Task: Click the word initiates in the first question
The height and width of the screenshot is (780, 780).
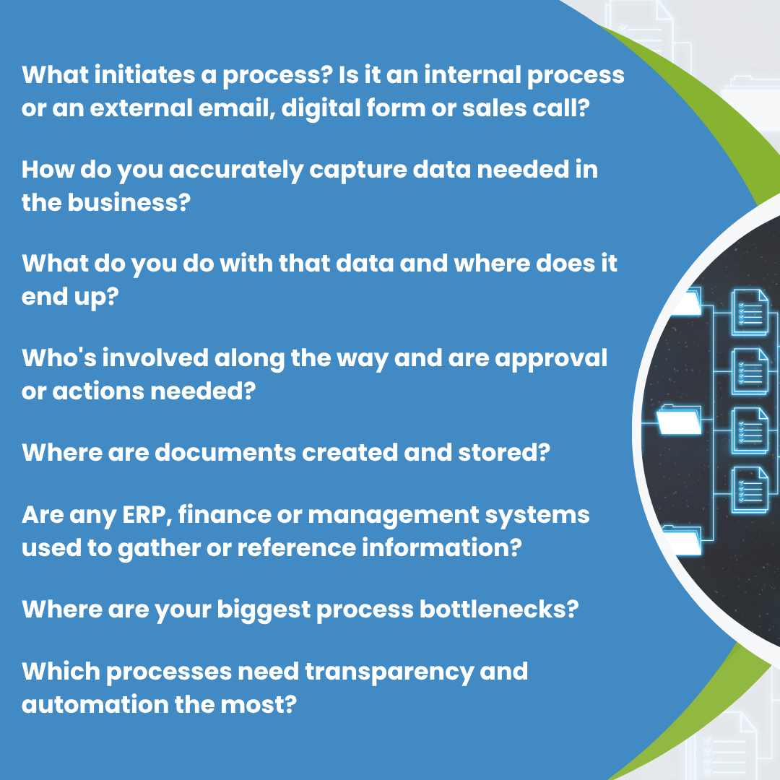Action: click(144, 74)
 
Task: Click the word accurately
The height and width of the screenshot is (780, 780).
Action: click(236, 170)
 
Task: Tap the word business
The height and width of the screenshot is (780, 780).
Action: click(129, 202)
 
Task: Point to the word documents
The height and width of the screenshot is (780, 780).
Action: click(225, 452)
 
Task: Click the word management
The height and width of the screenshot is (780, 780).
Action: click(394, 516)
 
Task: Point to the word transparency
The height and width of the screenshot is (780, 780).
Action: click(389, 672)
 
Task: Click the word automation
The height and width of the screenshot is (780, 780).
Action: click(95, 704)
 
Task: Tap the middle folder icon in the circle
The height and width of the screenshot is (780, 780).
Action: click(679, 420)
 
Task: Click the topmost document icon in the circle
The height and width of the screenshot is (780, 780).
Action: click(749, 312)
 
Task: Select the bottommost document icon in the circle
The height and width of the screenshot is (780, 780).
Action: click(749, 490)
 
